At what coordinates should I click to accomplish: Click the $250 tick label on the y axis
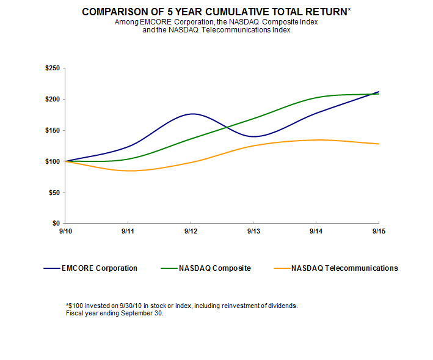[53, 68]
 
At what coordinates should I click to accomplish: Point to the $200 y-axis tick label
[53, 99]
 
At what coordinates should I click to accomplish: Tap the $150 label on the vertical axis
[53, 130]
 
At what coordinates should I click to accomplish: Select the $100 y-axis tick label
[53, 161]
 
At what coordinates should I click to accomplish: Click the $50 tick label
[54, 193]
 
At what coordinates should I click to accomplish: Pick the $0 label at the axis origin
[56, 224]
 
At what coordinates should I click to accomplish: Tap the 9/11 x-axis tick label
[128, 232]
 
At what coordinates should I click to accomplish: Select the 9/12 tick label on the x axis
[191, 232]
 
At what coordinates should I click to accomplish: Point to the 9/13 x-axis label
[253, 232]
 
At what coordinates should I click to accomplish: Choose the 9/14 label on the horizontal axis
[316, 232]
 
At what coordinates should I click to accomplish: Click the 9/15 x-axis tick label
[379, 232]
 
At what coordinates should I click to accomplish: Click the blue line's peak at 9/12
[192, 114]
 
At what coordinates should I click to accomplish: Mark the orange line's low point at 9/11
[129, 171]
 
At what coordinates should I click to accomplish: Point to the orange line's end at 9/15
[379, 144]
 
